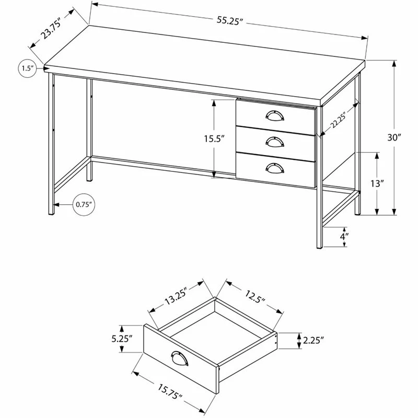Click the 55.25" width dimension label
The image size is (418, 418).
pos(229,21)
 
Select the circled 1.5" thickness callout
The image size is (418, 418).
pos(28,68)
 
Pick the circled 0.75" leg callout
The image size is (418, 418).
pos(84,204)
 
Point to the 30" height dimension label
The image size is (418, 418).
pos(394,137)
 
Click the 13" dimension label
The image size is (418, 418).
pos(377,184)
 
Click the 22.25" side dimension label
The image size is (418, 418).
pos(339,121)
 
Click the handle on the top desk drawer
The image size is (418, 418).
pos(275,115)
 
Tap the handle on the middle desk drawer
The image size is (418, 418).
pos(275,142)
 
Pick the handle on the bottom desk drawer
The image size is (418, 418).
pos(275,168)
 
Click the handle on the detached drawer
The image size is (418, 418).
pos(180,358)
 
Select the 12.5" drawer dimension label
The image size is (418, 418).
pos(255,297)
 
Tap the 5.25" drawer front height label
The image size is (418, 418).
pos(122,339)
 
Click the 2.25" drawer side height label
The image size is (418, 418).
pos(313,341)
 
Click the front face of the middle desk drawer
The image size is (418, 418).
pos(276,144)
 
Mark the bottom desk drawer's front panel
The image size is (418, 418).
pos(276,170)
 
